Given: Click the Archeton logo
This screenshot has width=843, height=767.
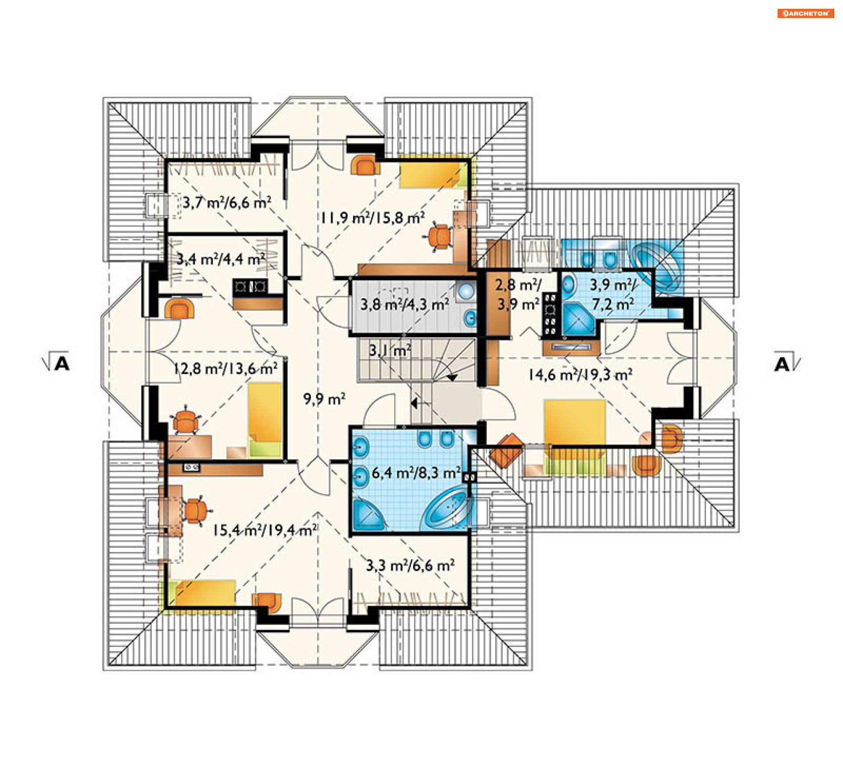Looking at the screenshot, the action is pyautogui.click(x=806, y=13).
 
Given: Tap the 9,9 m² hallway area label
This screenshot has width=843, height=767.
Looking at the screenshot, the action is pyautogui.click(x=324, y=399).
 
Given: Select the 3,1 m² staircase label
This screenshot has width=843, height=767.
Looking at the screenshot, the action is pyautogui.click(x=390, y=350).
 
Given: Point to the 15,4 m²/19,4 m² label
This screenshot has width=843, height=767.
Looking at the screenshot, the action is pyautogui.click(x=265, y=530).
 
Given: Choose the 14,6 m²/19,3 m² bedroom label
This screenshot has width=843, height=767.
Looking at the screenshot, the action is pyautogui.click(x=580, y=374).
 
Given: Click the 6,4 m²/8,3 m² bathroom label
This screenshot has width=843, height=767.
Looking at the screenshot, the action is pyautogui.click(x=416, y=473).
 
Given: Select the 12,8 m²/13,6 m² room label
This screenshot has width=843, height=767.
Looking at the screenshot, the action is pyautogui.click(x=226, y=368).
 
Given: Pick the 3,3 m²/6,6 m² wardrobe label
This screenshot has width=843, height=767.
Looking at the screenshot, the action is pyautogui.click(x=411, y=565).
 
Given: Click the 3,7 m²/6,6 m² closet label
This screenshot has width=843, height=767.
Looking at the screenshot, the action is pyautogui.click(x=227, y=202).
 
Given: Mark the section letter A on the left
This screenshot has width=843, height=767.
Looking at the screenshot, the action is pyautogui.click(x=61, y=364).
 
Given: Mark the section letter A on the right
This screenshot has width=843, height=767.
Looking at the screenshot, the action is pyautogui.click(x=782, y=364).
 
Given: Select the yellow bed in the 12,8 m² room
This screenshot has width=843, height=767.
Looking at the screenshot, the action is pyautogui.click(x=265, y=421).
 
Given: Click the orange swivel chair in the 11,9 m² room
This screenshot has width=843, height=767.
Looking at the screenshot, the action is pyautogui.click(x=440, y=237).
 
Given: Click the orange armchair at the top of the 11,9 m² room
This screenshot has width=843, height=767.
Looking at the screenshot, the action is pyautogui.click(x=365, y=166).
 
